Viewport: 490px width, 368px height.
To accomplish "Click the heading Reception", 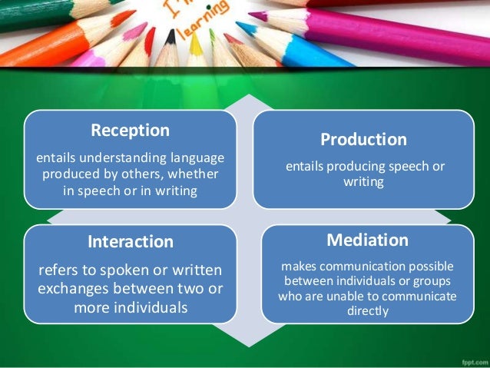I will coord(130,130).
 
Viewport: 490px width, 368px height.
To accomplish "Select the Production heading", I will coord(363,140).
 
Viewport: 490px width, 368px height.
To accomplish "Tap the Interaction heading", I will coord(131,241).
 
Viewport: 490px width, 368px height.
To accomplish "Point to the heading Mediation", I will coord(367,240).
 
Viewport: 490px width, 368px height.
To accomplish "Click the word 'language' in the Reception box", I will coord(195,157).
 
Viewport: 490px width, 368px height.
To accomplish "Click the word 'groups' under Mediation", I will coord(432,280).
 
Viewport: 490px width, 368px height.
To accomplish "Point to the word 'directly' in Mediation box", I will coord(367,311).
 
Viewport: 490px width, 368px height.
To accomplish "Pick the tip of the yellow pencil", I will coord(195,38).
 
